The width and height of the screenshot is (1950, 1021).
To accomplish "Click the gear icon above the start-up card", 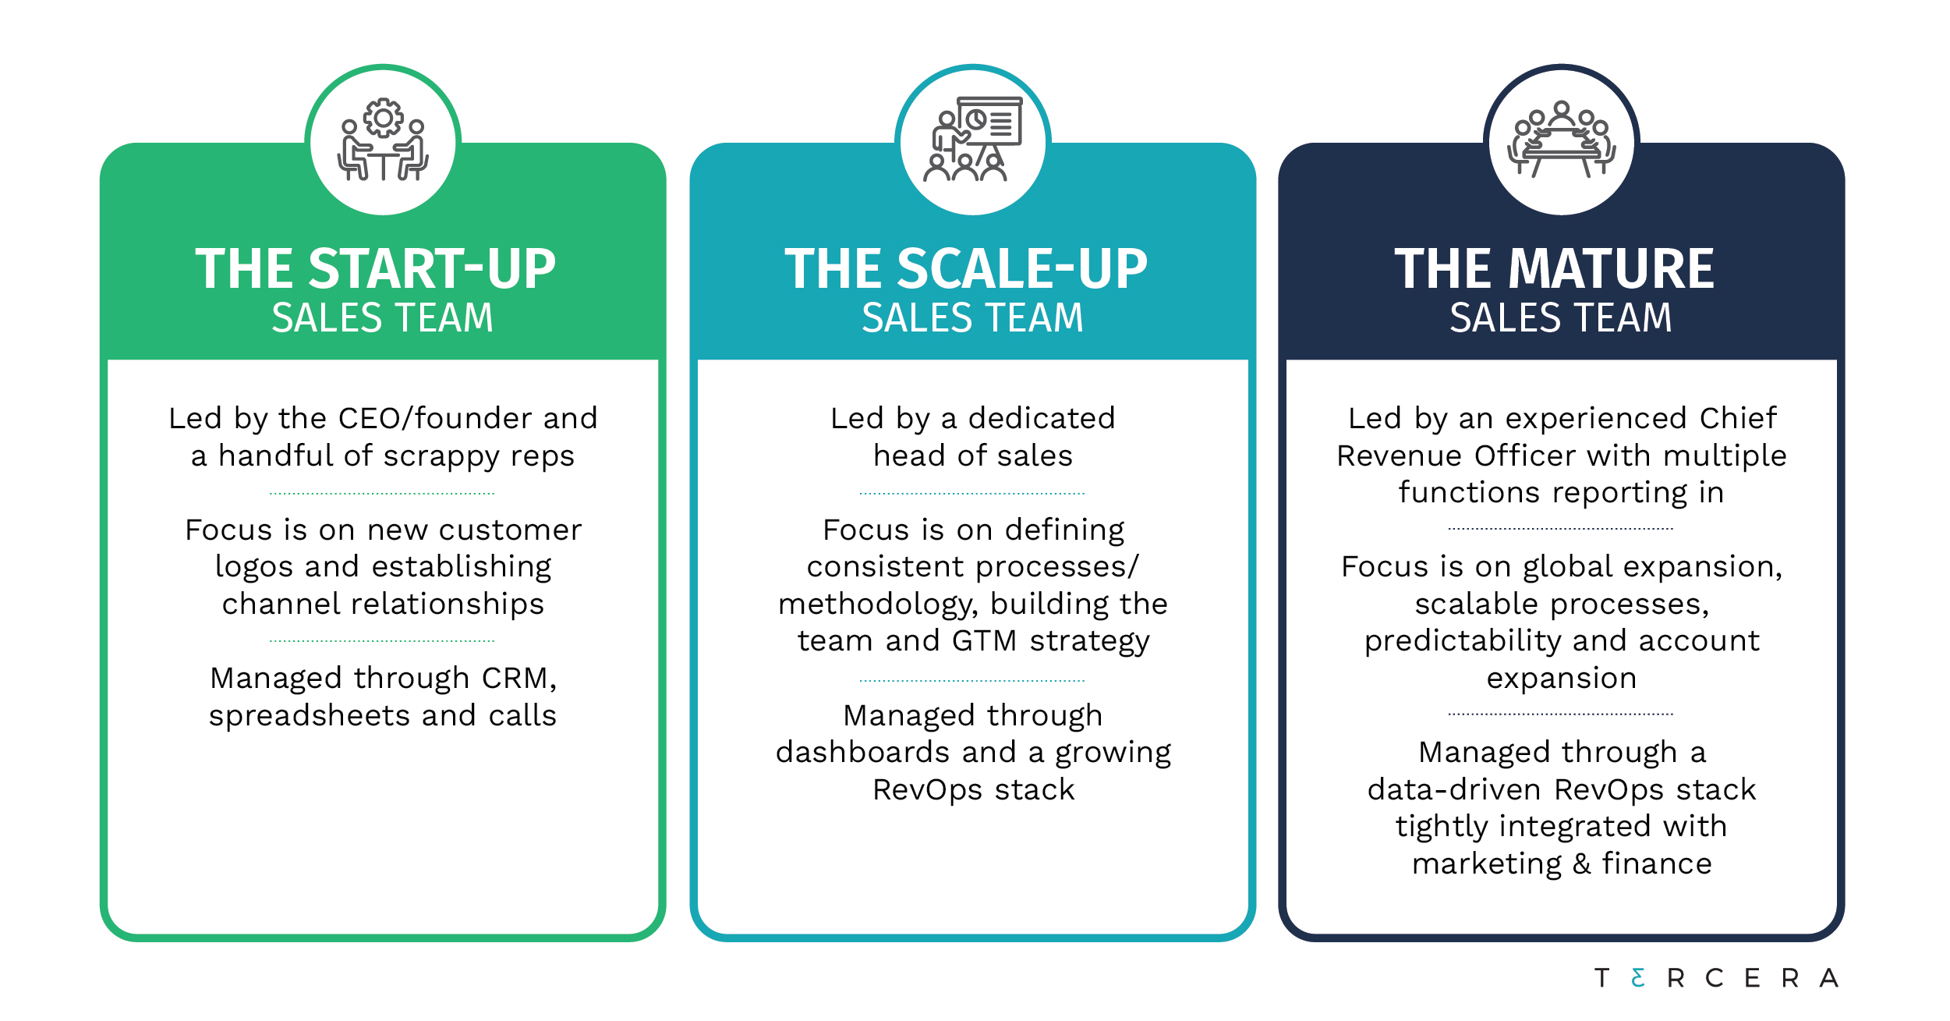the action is click(383, 119).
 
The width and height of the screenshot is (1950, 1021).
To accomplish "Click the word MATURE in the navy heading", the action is click(1612, 269).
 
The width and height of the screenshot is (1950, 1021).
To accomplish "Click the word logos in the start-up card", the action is click(254, 568).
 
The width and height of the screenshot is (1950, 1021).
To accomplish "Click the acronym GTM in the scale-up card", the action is click(984, 641).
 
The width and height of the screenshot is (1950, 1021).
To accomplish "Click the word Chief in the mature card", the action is click(1738, 419).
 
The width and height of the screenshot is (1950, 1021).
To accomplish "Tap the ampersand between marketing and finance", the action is click(1582, 864).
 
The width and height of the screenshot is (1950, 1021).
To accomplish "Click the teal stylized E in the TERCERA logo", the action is click(1638, 978).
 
